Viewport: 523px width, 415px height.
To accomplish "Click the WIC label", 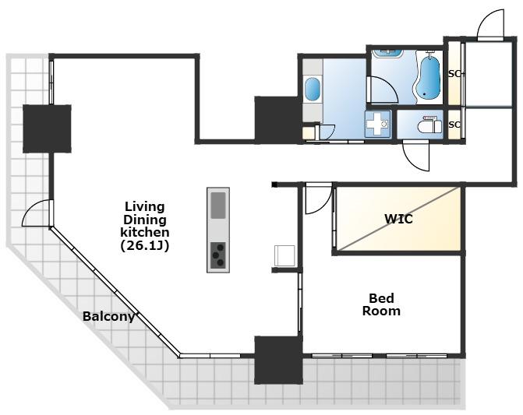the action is click(x=398, y=219).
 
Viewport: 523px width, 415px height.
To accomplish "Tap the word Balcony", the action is click(x=108, y=316).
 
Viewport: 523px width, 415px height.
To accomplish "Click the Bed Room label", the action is click(x=381, y=304).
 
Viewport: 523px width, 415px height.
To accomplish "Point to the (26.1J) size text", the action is click(x=144, y=245).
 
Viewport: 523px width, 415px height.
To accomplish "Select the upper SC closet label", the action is click(x=454, y=74).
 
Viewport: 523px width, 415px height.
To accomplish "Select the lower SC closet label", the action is click(x=454, y=125).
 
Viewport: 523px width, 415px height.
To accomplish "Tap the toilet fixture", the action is click(x=429, y=125).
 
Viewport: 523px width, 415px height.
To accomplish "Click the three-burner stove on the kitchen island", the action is click(x=218, y=255).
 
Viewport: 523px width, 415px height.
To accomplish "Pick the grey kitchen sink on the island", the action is click(x=218, y=206).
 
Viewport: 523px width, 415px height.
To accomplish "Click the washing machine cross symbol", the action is click(x=377, y=124).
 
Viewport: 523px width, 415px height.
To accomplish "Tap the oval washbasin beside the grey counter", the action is click(x=313, y=89).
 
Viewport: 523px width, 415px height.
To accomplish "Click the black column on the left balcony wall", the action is click(x=47, y=129).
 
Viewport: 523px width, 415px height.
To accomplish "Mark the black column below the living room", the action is click(x=278, y=360).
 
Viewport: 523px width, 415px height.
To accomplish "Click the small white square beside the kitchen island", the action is click(x=284, y=255).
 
